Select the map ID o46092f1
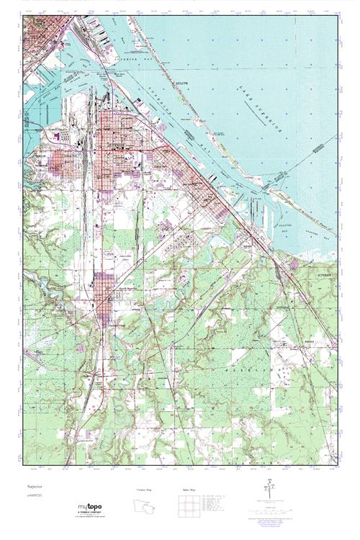[x=32, y=497]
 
